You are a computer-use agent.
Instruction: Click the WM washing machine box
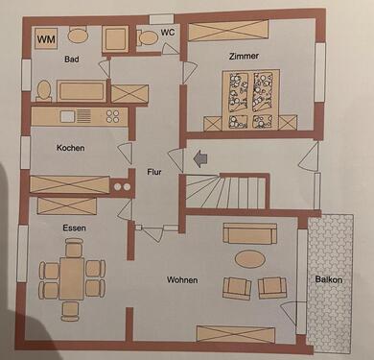click(x=46, y=39)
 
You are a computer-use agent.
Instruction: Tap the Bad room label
click(x=71, y=60)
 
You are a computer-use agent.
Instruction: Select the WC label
click(x=168, y=33)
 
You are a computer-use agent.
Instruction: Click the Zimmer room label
click(x=245, y=57)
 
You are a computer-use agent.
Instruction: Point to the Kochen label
click(x=71, y=149)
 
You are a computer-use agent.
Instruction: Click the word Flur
click(x=153, y=173)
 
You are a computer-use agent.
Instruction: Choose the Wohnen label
click(x=182, y=280)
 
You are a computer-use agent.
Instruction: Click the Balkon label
click(x=332, y=280)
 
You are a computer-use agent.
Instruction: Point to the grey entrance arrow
click(x=200, y=159)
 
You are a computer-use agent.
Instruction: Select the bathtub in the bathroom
click(x=82, y=92)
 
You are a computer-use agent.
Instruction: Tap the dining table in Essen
click(x=73, y=278)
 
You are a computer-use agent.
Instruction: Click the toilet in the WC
click(x=148, y=38)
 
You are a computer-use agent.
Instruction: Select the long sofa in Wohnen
click(x=249, y=234)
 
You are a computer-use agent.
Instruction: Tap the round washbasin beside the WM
click(x=78, y=36)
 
